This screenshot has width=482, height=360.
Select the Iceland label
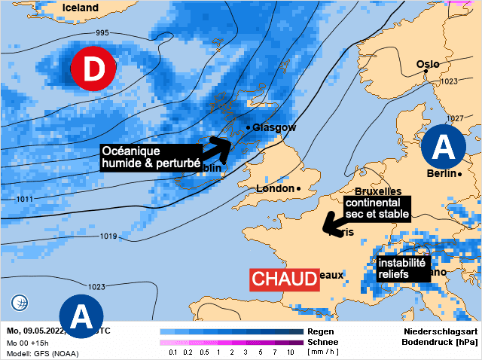[x=81, y=8]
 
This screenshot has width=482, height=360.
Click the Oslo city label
[x=428, y=65]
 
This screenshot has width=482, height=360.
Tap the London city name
[x=276, y=188]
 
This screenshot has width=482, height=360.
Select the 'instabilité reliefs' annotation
[x=401, y=269]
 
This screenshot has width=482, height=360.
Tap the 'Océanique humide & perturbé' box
[x=151, y=157]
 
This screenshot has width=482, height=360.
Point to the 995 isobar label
[x=102, y=33]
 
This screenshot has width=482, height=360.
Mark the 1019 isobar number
[x=108, y=236]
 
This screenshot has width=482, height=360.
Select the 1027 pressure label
[x=454, y=119]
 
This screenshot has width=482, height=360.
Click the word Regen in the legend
[x=320, y=331]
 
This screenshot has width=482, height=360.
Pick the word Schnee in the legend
[x=323, y=342]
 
